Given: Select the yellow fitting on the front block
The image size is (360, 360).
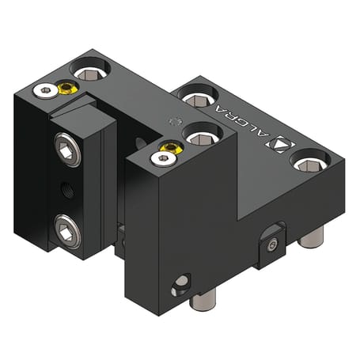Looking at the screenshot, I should coord(168,148).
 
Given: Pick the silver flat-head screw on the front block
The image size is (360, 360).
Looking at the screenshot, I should coord(162,159).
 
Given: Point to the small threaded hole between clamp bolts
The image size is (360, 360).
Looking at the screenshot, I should coord(63,190).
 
